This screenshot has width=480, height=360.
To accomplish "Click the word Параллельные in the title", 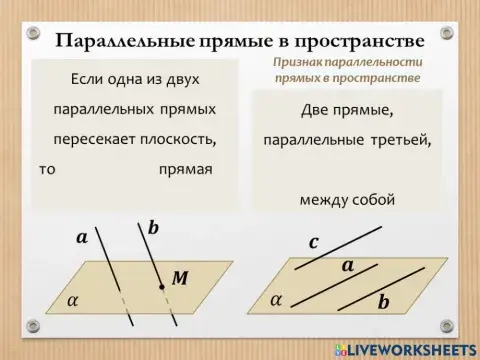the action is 115,41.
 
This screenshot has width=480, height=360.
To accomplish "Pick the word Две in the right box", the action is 317,110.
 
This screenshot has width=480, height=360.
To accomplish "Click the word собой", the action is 375,199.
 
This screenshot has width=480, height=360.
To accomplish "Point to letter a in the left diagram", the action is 82,238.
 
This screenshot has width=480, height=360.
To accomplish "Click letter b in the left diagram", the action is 153,229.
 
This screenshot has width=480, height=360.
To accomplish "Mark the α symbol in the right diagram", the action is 276,299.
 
